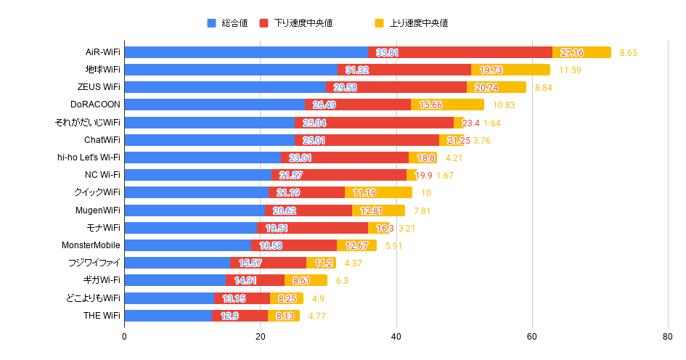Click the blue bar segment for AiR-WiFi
(x=246, y=52)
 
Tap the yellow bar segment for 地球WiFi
(x=510, y=70)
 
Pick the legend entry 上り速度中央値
(x=411, y=23)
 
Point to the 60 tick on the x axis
(x=532, y=337)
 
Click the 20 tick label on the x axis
(x=261, y=337)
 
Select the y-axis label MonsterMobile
(x=91, y=245)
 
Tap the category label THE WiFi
(x=102, y=316)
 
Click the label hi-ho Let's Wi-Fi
(x=89, y=157)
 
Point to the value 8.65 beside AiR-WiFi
(x=629, y=53)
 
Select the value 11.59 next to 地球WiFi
(x=570, y=70)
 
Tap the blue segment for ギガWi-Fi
(x=175, y=280)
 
